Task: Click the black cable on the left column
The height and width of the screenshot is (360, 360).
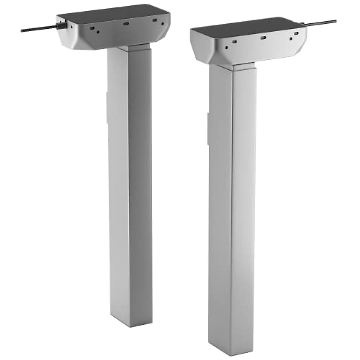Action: click(39, 29)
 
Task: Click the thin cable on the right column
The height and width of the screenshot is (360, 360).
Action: click(321, 22)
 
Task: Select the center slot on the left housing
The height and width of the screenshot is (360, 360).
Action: click(126, 23)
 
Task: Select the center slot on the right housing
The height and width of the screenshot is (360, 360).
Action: click(263, 38)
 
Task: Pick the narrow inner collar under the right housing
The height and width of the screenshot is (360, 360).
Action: click(241, 67)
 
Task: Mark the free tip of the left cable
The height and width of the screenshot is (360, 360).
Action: click(22, 31)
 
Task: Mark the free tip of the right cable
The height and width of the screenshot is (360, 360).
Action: click(335, 21)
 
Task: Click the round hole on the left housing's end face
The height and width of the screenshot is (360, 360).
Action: click(71, 26)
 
